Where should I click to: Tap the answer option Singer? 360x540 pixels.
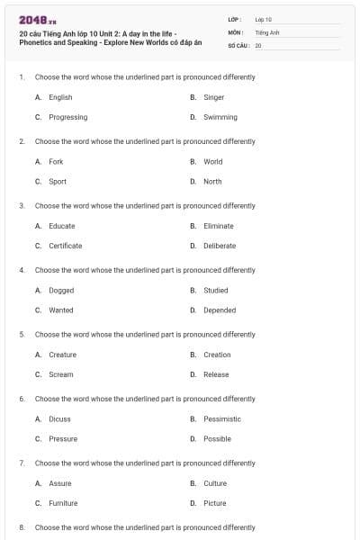tap(213, 97)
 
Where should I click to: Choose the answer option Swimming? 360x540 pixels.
tap(220, 117)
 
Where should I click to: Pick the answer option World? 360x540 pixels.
tap(212, 162)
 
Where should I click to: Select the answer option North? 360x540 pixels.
tap(212, 182)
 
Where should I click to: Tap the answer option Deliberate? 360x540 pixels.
tap(220, 246)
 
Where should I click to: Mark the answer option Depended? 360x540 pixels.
tap(220, 310)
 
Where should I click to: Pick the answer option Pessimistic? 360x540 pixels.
tap(222, 419)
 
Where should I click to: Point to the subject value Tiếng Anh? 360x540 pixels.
tap(267, 31)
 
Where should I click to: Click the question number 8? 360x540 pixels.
tap(22, 527)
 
